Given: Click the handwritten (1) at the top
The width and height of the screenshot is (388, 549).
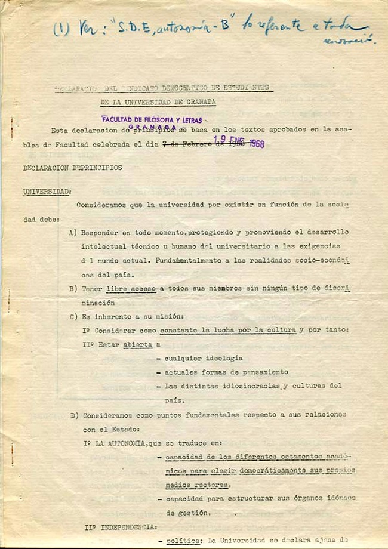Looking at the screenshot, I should click(61, 29).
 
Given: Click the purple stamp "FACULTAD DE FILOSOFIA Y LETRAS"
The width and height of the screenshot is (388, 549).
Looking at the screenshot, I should click(152, 120).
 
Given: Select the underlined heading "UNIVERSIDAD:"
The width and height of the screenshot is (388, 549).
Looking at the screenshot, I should click(47, 192).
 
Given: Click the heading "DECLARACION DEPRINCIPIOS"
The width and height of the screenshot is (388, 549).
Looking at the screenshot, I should click(72, 168).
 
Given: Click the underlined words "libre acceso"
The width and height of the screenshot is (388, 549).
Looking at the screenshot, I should click(132, 288).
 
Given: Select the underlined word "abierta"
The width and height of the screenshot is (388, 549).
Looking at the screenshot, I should click(138, 344).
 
